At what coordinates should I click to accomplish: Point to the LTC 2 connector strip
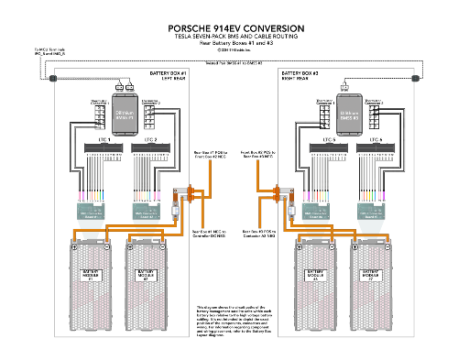tap(151, 147)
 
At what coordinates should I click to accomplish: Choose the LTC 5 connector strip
tap(327, 147)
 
